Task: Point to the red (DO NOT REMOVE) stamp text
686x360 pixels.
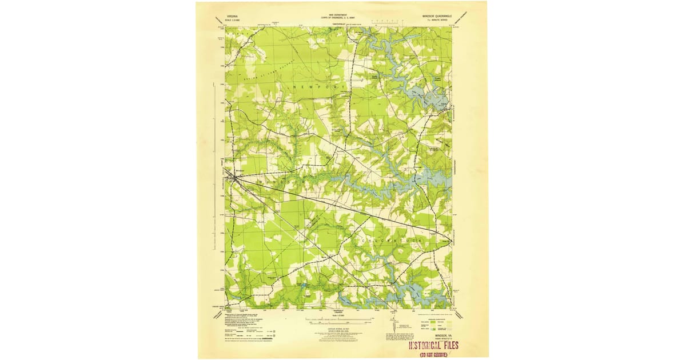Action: coord(434,354)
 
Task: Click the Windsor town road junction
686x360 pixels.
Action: coord(234,177)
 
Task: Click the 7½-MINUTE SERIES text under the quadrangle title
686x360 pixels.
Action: coord(437,14)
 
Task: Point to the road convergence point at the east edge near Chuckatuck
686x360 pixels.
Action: coord(450,242)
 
